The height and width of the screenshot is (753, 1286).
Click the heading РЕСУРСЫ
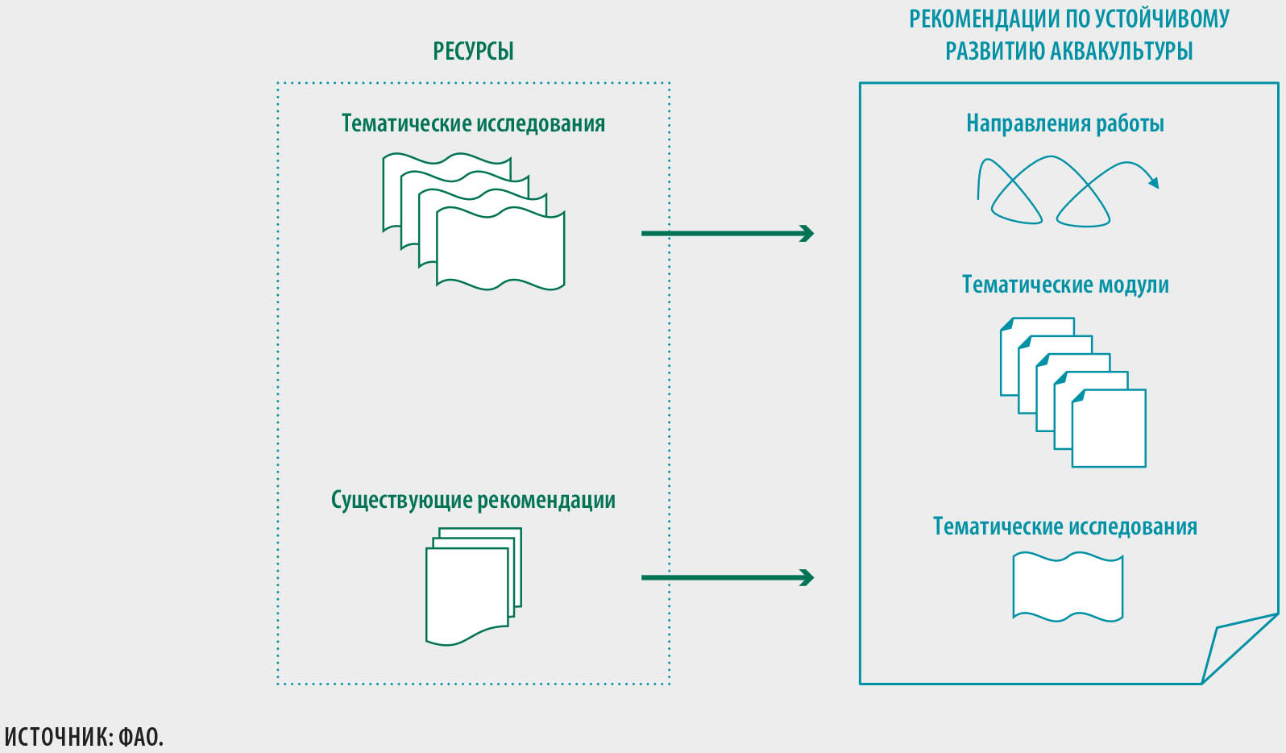tap(473, 52)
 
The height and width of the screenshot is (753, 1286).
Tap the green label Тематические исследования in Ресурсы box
tap(473, 123)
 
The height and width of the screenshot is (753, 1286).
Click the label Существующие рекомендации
tap(473, 500)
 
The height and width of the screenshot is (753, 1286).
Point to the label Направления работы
tap(1064, 123)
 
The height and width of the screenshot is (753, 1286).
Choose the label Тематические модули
tap(1064, 285)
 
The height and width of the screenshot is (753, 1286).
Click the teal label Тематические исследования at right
tap(1064, 526)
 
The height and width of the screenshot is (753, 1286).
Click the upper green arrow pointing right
tap(728, 234)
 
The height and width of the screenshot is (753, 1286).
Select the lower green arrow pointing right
tap(728, 577)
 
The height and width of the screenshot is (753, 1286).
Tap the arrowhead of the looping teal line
tap(1154, 183)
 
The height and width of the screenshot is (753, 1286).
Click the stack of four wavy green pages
tap(474, 222)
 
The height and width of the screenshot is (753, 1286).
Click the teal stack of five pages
tap(1072, 392)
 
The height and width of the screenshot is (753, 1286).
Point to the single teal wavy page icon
tap(1068, 586)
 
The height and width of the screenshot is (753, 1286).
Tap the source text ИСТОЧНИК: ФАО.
tap(84, 737)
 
